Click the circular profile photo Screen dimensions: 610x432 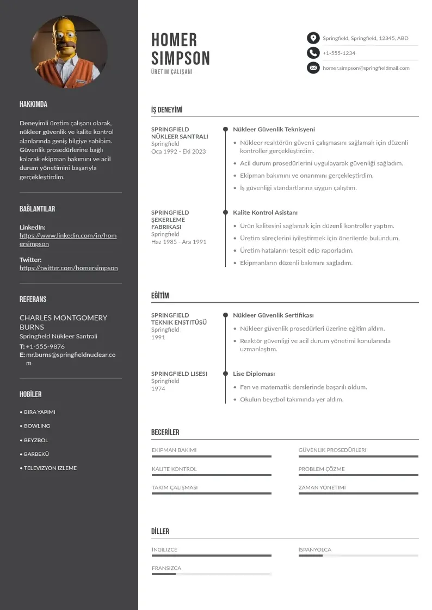[69, 52]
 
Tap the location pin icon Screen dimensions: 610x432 [313, 38]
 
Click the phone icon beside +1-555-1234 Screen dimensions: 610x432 [313, 53]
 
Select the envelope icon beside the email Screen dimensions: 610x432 [313, 68]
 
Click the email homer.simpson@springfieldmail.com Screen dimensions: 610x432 [366, 68]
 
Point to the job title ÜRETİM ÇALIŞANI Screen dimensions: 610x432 [172, 72]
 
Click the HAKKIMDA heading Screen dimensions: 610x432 [33, 104]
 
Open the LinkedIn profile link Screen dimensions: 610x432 [68, 240]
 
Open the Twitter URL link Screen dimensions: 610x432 [69, 268]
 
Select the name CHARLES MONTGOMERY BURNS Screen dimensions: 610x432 [63, 322]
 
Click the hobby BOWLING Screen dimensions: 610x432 [37, 426]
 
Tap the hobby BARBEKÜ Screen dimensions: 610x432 [36, 454]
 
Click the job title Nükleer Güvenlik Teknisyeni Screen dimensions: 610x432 [274, 130]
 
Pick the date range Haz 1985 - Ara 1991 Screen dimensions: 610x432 [178, 241]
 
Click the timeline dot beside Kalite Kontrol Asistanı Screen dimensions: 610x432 [225, 212]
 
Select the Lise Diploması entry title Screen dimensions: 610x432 [254, 374]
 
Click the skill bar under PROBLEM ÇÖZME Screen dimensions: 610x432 [358, 475]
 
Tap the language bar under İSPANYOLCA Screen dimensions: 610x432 [358, 556]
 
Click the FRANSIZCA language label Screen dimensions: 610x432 [166, 568]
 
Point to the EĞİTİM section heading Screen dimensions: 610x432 [160, 296]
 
